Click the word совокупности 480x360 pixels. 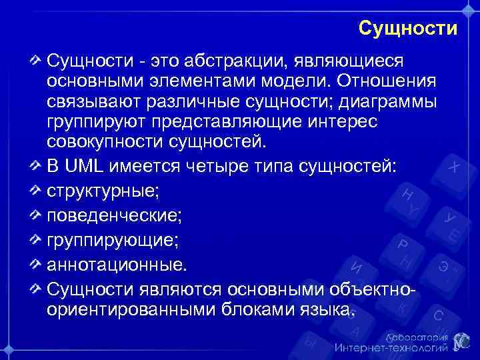coord(102,143)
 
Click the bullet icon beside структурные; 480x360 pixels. coord(36,190)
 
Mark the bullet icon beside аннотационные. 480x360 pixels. coord(36,264)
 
